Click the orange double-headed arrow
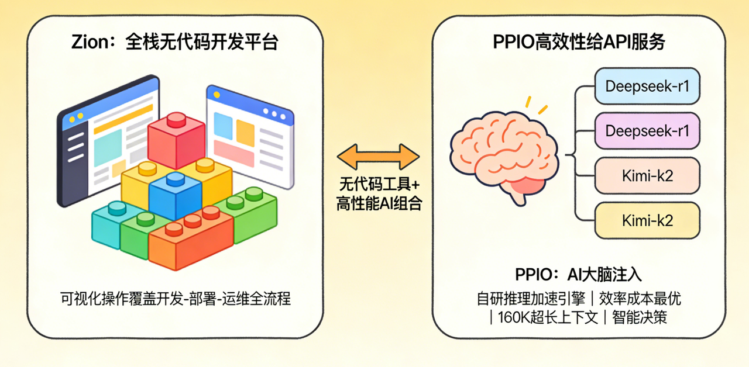[x=379, y=156]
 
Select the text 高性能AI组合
[x=379, y=204]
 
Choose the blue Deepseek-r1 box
[x=647, y=86]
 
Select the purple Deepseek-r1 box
[x=647, y=131]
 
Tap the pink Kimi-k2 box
[x=647, y=176]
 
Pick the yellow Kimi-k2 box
[x=647, y=220]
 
